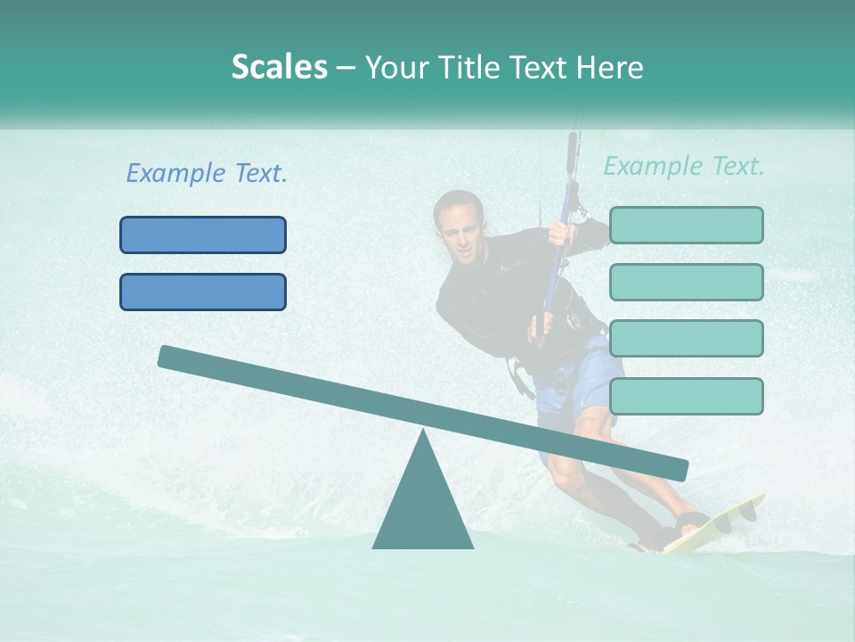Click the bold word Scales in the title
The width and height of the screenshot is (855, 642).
click(x=279, y=68)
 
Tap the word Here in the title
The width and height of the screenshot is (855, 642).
click(x=611, y=68)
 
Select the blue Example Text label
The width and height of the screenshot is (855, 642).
click(x=207, y=174)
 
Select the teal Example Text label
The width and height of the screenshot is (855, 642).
click(x=684, y=166)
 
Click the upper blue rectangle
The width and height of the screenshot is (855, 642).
click(x=203, y=235)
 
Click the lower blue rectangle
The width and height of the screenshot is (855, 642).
click(x=203, y=292)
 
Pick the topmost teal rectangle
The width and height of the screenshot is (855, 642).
click(x=686, y=225)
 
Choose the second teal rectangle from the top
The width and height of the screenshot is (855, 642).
click(x=686, y=282)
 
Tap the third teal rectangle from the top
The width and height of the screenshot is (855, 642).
click(x=686, y=338)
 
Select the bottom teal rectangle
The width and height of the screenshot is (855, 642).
click(x=686, y=396)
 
